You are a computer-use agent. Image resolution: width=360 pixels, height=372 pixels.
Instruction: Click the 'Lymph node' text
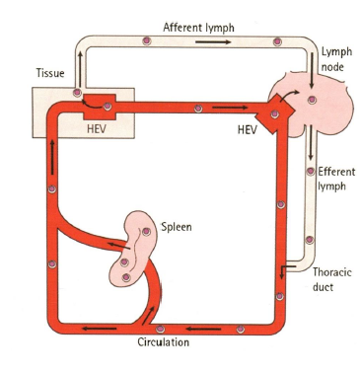[336, 58]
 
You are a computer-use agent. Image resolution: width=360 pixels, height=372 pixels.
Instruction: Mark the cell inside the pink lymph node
[312, 100]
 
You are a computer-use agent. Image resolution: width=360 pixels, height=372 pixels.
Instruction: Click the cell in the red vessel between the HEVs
[199, 106]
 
